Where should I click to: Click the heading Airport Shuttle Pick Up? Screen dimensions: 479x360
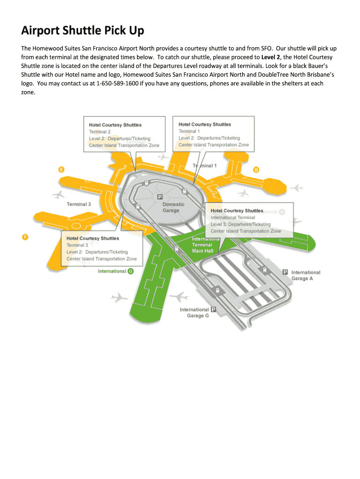pyautogui.click(x=83, y=31)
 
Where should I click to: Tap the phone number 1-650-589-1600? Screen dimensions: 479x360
pyautogui.click(x=117, y=83)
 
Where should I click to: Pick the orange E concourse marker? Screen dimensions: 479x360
pyautogui.click(x=61, y=169)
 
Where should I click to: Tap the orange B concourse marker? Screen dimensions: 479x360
pyautogui.click(x=256, y=169)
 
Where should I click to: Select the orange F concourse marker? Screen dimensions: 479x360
pyautogui.click(x=25, y=237)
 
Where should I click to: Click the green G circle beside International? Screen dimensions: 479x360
pyautogui.click(x=130, y=271)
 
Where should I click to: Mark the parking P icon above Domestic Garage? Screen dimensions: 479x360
pyautogui.click(x=160, y=197)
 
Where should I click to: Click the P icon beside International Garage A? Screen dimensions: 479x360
pyautogui.click(x=285, y=272)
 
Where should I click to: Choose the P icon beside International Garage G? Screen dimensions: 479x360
pyautogui.click(x=214, y=309)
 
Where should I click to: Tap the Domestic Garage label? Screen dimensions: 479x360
pyautogui.click(x=173, y=207)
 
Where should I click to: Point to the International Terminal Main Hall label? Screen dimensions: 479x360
pyautogui.click(x=203, y=245)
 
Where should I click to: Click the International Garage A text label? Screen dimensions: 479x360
pyautogui.click(x=306, y=276)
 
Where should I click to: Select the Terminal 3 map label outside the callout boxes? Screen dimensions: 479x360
pyautogui.click(x=79, y=204)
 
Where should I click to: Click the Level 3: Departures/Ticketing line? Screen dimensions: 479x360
pyautogui.click(x=240, y=225)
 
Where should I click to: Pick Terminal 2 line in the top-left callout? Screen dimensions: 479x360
pyautogui.click(x=100, y=132)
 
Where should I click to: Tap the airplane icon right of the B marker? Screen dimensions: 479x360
pyautogui.click(x=296, y=188)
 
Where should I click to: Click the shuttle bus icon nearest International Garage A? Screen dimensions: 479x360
pyautogui.click(x=264, y=270)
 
